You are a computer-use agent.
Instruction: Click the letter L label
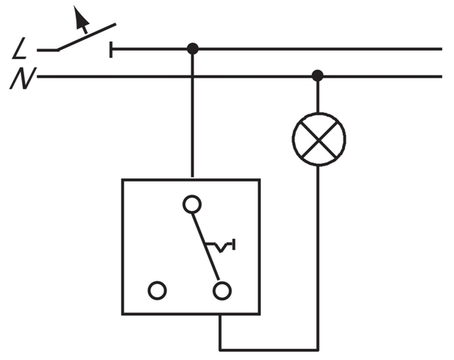click(x=21, y=51)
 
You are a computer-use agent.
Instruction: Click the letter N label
click(x=20, y=78)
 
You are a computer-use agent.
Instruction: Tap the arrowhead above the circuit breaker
click(x=79, y=14)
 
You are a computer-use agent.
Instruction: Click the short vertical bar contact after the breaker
click(x=112, y=50)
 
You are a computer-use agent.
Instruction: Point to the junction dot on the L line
click(x=192, y=49)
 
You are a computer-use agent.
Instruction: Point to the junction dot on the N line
click(x=318, y=76)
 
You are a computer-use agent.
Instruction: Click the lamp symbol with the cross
click(x=319, y=139)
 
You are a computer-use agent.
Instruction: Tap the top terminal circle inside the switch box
click(x=192, y=204)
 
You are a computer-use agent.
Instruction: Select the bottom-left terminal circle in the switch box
click(x=157, y=290)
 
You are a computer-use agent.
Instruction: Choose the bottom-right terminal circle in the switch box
click(x=221, y=290)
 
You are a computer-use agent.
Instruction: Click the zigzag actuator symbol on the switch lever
click(x=222, y=246)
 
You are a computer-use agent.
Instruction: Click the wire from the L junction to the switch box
click(x=192, y=113)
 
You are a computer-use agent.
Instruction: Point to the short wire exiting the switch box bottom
click(x=220, y=331)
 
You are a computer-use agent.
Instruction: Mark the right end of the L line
click(x=440, y=49)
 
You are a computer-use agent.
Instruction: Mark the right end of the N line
click(x=440, y=76)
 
